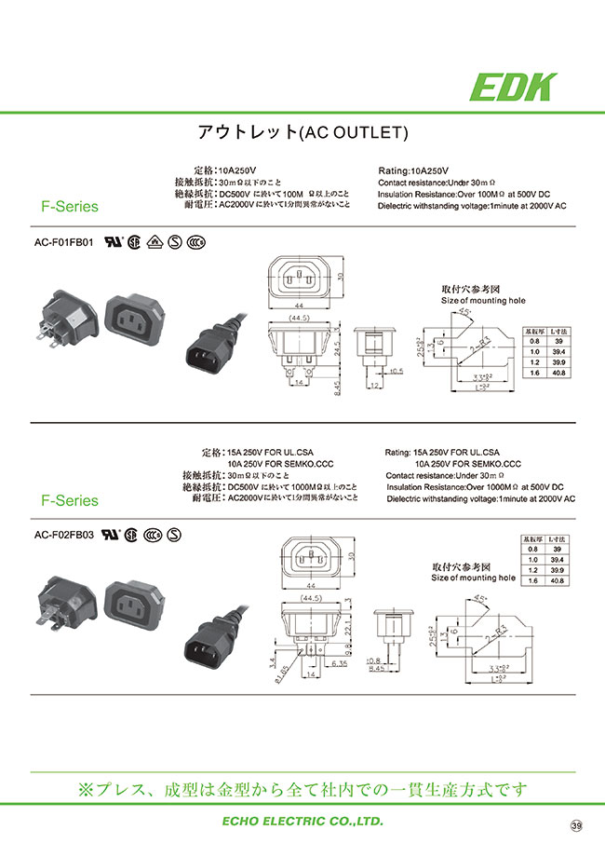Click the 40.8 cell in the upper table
(x=560, y=372)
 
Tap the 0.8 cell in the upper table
(x=534, y=341)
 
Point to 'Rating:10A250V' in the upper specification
(x=415, y=171)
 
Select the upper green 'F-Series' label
(x=69, y=208)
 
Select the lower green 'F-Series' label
(x=69, y=500)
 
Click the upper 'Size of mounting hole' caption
(x=482, y=301)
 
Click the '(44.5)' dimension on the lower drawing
(x=300, y=598)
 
